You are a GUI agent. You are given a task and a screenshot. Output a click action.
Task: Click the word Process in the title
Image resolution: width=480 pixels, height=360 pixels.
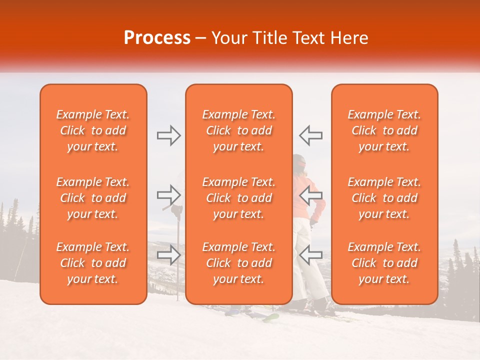(x=157, y=37)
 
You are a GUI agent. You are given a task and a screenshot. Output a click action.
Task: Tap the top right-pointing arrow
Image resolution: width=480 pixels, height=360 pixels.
(x=169, y=135)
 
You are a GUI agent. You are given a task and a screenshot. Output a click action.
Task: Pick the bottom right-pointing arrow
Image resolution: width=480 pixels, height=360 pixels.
(x=169, y=254)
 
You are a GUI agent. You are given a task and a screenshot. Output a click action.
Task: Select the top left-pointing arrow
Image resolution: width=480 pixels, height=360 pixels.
(x=311, y=135)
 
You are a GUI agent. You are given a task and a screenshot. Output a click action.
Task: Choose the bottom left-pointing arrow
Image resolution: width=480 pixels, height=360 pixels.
(x=311, y=254)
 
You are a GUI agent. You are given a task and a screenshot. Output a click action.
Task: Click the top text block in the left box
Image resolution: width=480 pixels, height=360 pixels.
(x=93, y=130)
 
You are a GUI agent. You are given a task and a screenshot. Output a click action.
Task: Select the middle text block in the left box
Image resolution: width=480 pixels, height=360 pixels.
(x=93, y=198)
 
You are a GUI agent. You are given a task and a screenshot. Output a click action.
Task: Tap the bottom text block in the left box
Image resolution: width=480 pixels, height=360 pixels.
(x=93, y=263)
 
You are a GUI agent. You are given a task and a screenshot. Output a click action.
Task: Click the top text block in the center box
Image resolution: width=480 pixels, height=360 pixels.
(x=238, y=130)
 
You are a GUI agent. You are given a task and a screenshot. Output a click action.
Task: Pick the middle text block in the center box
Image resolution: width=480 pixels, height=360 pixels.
(x=238, y=198)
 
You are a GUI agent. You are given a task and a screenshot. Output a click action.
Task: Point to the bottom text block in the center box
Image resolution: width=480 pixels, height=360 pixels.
(x=238, y=263)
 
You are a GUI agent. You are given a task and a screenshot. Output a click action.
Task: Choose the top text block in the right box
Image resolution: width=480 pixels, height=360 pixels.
(x=384, y=130)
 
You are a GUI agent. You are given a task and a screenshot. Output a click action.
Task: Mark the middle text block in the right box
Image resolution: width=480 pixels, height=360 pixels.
(x=384, y=198)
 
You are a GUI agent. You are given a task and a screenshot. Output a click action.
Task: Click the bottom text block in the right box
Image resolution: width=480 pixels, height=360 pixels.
(x=384, y=263)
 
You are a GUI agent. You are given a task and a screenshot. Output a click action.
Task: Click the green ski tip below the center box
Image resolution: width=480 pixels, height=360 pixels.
(x=271, y=316)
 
